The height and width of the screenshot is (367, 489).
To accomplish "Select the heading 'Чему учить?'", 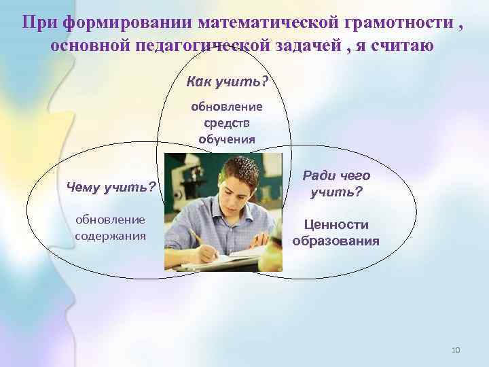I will click(111, 186).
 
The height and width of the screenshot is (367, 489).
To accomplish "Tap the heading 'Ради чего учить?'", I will click(336, 184).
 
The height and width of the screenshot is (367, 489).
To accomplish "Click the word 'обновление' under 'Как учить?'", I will click(227, 107).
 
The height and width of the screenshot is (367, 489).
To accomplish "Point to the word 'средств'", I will click(227, 123).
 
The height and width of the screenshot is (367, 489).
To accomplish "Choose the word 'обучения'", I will click(227, 139).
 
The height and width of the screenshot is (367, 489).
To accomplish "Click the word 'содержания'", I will click(111, 236).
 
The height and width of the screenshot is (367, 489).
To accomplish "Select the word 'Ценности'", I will click(336, 225).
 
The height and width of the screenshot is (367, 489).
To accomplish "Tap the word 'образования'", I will click(336, 241).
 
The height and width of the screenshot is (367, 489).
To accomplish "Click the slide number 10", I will click(455, 350).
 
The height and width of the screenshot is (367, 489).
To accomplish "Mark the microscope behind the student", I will click(181, 183).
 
